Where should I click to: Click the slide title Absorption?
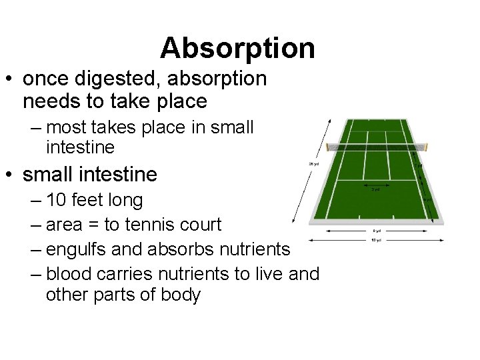pos(237,48)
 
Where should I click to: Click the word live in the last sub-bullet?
pos(271,273)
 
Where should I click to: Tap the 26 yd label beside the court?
pos(313,163)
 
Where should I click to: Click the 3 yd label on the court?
pos(376,189)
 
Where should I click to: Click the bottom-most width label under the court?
pos(377,240)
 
